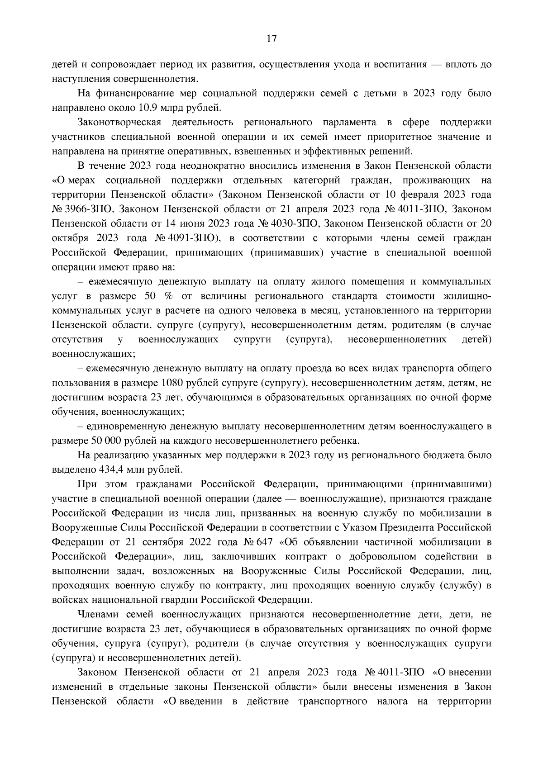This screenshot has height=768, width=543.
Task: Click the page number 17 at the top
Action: [x=271, y=39]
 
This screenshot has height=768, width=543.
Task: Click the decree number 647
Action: [x=263, y=542]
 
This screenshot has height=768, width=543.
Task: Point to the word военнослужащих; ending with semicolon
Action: [x=93, y=354]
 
